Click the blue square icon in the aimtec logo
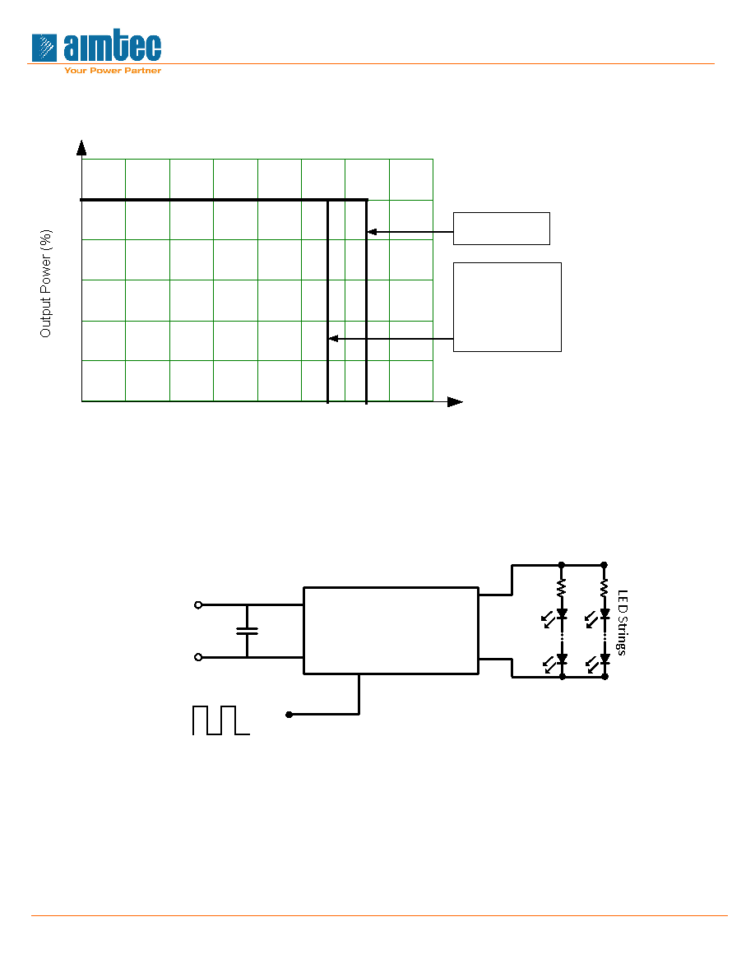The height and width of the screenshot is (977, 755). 44,48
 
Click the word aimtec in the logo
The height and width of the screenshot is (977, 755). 112,47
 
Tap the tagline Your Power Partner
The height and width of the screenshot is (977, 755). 113,71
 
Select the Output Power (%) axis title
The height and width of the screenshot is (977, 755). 46,284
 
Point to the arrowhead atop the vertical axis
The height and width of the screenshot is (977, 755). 81,148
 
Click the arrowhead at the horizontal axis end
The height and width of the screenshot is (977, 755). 456,402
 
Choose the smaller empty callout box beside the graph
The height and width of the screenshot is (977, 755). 502,229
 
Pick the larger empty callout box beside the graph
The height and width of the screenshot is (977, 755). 507,308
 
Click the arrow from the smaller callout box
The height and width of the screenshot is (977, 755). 410,232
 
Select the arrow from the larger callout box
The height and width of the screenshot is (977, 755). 391,339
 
